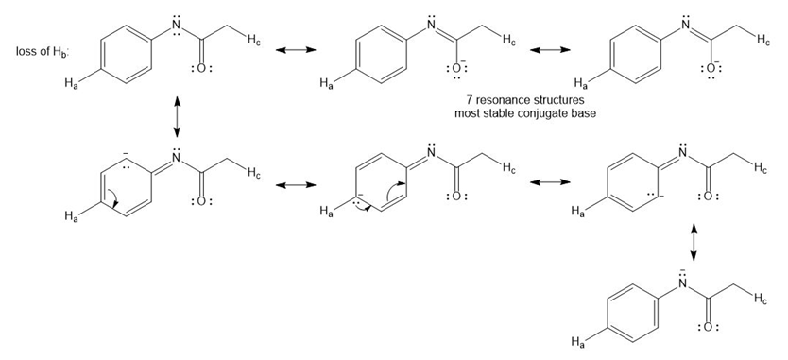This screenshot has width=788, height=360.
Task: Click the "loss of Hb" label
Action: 43,52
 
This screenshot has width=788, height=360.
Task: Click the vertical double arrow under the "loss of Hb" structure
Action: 177,117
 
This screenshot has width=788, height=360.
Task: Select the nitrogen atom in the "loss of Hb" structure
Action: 176,26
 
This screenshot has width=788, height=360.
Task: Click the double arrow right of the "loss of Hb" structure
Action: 296,50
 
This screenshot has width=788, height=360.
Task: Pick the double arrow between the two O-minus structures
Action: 550,50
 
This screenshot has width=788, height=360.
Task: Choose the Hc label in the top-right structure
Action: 763,42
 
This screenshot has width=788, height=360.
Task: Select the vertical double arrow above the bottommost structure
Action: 694,242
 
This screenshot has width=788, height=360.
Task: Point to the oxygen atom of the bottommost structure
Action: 708,327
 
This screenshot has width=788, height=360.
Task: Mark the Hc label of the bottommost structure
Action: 761,300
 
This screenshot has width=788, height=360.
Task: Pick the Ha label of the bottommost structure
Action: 577,342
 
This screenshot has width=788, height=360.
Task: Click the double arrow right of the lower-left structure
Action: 296,185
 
